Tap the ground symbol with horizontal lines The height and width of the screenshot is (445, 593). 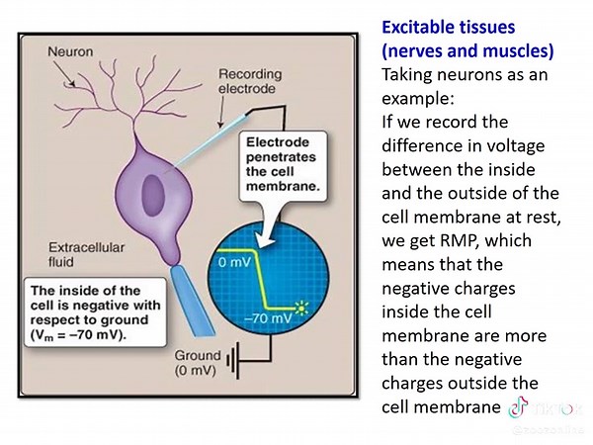[236, 364]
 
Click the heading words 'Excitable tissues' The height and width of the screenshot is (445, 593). [441, 29]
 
